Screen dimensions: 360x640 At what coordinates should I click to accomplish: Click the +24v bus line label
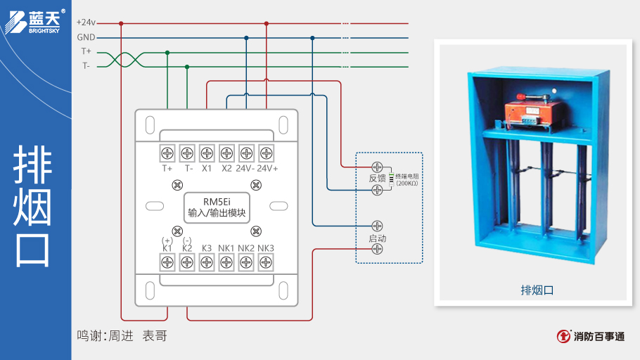tap(86, 22)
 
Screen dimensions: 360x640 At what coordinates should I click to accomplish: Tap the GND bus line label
tap(86, 37)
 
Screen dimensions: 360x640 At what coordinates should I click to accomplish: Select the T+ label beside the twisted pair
tap(86, 52)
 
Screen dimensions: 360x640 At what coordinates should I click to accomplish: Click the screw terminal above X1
tap(207, 153)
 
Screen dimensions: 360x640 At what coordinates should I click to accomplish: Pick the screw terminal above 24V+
tap(266, 153)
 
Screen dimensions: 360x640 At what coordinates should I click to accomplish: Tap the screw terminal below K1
tap(167, 262)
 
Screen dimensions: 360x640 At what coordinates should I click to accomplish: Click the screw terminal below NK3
tap(266, 262)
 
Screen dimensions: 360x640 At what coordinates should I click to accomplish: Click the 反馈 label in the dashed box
tap(378, 179)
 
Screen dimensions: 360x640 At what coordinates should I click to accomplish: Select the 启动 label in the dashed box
tap(378, 238)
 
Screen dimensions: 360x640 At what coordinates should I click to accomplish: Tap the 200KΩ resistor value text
tap(407, 184)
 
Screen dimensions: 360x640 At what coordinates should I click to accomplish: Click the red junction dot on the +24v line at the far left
tap(121, 23)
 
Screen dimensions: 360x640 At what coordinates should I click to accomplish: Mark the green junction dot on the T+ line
tap(167, 52)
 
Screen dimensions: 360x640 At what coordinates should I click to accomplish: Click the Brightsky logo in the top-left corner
tap(35, 21)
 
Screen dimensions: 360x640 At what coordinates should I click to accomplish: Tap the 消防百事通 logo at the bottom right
tap(590, 336)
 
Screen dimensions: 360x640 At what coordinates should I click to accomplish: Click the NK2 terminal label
tap(246, 248)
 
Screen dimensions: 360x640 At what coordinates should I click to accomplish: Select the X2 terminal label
tap(226, 168)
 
